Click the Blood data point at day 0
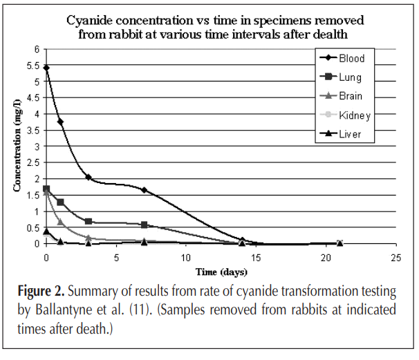46,68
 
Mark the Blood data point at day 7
144,190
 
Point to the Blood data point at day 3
89,177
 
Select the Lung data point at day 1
60,202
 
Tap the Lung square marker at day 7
144,225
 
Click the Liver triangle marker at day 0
46,231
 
